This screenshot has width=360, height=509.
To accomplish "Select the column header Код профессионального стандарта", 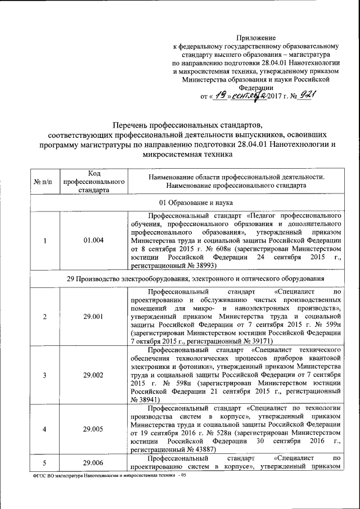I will [94, 181].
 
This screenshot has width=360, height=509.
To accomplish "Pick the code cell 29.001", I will [94, 316].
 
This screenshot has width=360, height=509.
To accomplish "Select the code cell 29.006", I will [94, 462].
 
